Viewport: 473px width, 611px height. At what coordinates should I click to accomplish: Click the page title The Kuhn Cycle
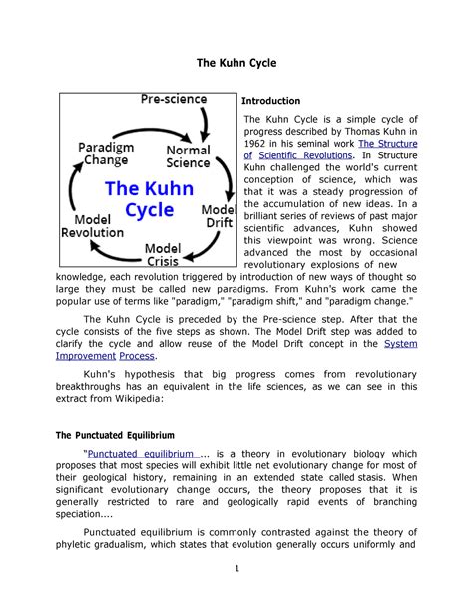click(x=236, y=63)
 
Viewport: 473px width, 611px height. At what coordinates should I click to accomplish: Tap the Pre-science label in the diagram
click(x=172, y=100)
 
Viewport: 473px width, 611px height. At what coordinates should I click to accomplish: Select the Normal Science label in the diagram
click(x=187, y=157)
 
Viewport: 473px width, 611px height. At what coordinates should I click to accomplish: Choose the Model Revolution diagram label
click(x=92, y=225)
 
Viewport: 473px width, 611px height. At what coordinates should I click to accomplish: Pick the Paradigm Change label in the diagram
click(x=104, y=154)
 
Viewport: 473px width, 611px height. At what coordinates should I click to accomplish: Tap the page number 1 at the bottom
click(x=236, y=568)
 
